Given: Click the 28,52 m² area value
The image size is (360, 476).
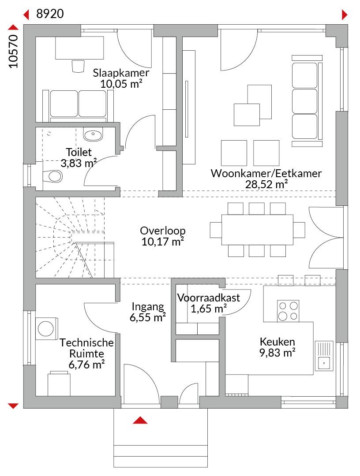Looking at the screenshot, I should pos(266,184).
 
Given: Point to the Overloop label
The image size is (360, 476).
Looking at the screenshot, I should pos(162,231).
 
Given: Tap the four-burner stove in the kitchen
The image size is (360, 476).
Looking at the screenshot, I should pos(288,310).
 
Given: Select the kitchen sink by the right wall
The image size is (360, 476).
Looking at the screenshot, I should pos(324,362).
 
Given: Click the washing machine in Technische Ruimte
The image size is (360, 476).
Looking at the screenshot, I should pos(45,328).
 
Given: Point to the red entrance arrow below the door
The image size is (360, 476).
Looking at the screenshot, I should pos(140,420).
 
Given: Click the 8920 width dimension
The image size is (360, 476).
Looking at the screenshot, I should pos(50,14).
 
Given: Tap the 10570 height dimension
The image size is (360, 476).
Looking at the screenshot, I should pos(14,51).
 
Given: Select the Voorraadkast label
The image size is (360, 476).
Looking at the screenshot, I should pos(209,297).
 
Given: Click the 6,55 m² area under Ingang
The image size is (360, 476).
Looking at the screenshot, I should pos(148,317).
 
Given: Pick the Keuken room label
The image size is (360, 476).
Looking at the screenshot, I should pos(277,342).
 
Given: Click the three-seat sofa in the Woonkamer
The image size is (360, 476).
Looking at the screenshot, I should pos(304,101).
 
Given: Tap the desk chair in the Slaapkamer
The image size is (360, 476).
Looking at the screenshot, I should pos(78,66).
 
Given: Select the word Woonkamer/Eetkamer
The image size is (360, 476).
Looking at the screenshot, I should pos(266,173).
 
